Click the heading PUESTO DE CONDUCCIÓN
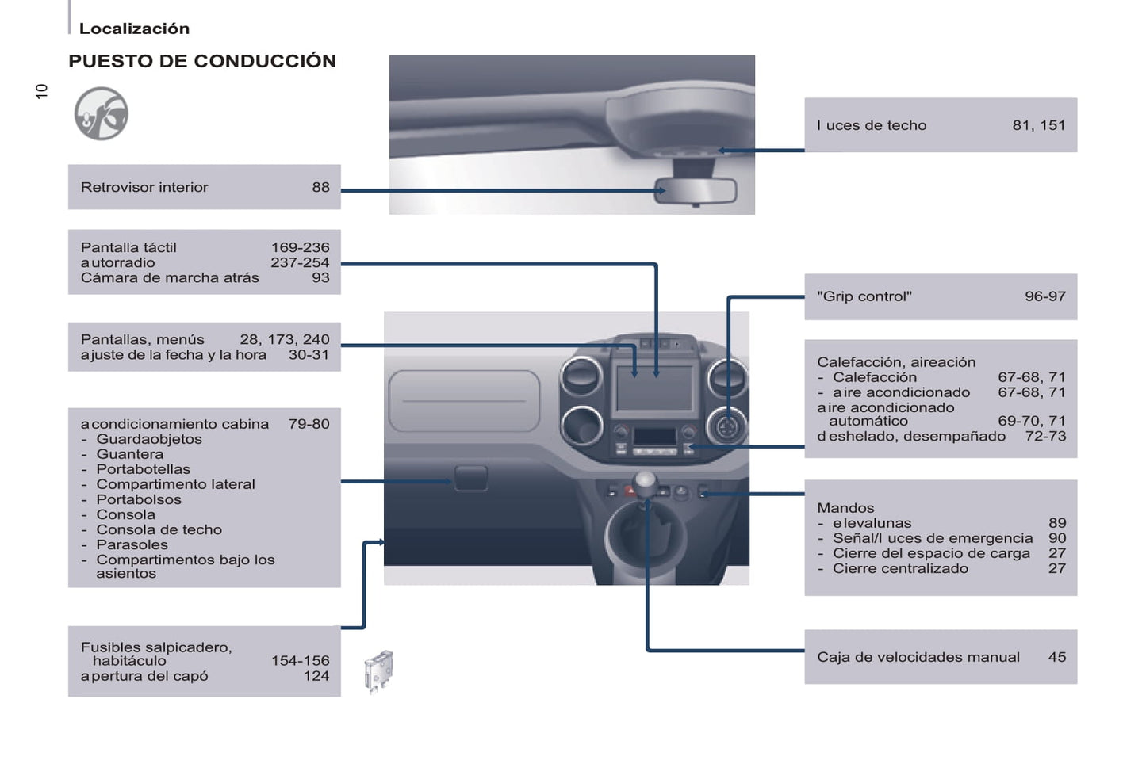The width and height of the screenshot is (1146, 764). coord(202,61)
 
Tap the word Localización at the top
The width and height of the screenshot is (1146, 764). coord(134,29)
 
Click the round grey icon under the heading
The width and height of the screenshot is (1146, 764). coord(102,114)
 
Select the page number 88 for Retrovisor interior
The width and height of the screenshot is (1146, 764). coord(320,187)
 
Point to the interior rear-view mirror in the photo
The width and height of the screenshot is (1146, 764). coord(696,191)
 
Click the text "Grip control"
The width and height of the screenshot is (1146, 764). coord(864,296)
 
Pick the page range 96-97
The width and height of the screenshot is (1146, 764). coord(1044,296)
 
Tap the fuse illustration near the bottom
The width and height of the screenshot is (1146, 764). coord(378,671)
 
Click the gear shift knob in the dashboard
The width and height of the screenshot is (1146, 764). coord(646,480)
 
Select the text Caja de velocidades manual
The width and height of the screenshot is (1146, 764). coord(918,657)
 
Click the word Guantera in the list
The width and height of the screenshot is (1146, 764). coord(130,454)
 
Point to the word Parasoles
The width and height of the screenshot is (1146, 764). coord(132,544)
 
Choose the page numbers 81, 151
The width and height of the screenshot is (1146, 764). coord(1038,125)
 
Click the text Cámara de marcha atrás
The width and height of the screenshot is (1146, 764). coord(170,277)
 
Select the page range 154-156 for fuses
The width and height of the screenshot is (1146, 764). coord(300,660)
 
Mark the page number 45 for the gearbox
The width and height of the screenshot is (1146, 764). coord(1056,657)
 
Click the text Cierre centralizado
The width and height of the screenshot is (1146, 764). coord(900,568)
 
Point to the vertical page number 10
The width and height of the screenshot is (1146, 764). coord(42,91)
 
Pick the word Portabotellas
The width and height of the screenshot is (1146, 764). coord(144,469)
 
